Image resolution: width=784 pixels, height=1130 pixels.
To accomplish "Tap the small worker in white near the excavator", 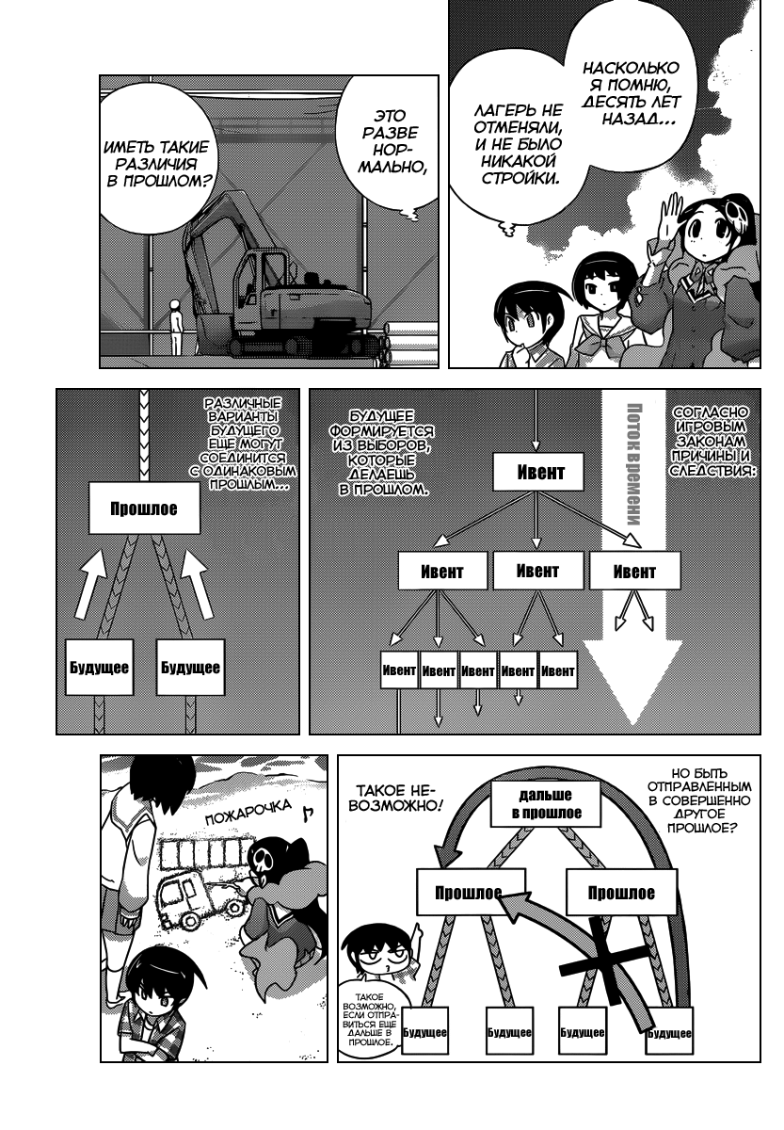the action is [175, 327].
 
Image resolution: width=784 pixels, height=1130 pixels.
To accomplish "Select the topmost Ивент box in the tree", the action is [538, 472].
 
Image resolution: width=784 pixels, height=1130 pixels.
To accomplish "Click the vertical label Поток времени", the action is [633, 464].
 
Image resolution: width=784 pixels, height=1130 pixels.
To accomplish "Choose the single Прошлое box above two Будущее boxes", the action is [144, 508].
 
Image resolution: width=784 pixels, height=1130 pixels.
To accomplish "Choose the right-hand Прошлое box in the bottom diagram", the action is [620, 892].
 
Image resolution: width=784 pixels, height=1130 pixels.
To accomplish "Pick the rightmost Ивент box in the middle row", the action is [634, 571].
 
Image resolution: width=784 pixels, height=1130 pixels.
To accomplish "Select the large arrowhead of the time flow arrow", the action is [632, 681].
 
